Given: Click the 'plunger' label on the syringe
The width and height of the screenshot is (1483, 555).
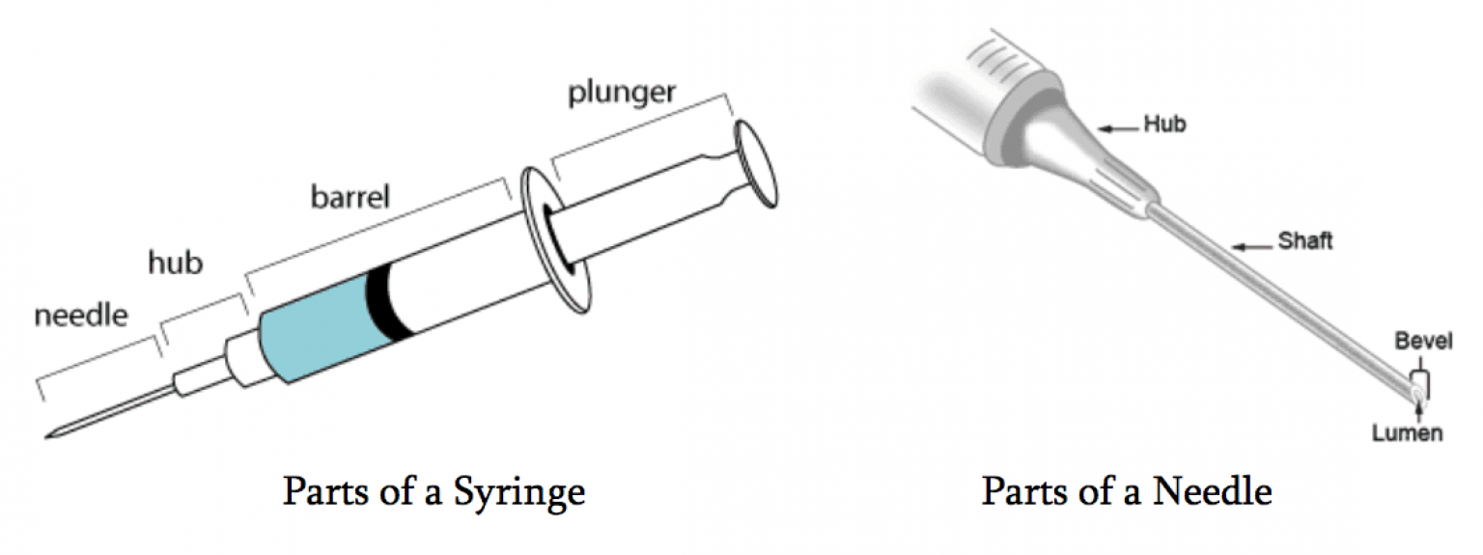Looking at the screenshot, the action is [623, 94].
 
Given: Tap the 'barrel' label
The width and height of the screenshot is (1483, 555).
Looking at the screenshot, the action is [350, 197].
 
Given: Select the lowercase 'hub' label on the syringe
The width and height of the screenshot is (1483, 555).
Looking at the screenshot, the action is [175, 262].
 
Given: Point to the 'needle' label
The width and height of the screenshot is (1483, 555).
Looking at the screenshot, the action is [81, 315].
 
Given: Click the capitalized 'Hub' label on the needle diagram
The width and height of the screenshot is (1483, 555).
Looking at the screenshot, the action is [1165, 124].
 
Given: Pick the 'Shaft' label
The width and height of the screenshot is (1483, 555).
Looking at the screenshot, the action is [1305, 240].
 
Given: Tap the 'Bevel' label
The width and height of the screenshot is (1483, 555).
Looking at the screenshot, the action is [1423, 341].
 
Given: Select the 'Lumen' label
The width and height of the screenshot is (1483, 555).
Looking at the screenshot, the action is [1407, 433].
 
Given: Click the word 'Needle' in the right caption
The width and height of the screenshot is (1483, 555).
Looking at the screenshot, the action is [1213, 491].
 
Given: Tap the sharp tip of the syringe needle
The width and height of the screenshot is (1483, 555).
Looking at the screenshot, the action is [46, 436].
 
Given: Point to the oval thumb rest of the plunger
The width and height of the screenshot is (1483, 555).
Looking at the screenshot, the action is [756, 163].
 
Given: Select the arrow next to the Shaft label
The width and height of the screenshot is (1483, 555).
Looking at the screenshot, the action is [1252, 247].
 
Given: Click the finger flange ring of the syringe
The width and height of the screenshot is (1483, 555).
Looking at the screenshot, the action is [555, 239].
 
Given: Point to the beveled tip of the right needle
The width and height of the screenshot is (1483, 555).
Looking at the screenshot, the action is [1415, 394].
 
